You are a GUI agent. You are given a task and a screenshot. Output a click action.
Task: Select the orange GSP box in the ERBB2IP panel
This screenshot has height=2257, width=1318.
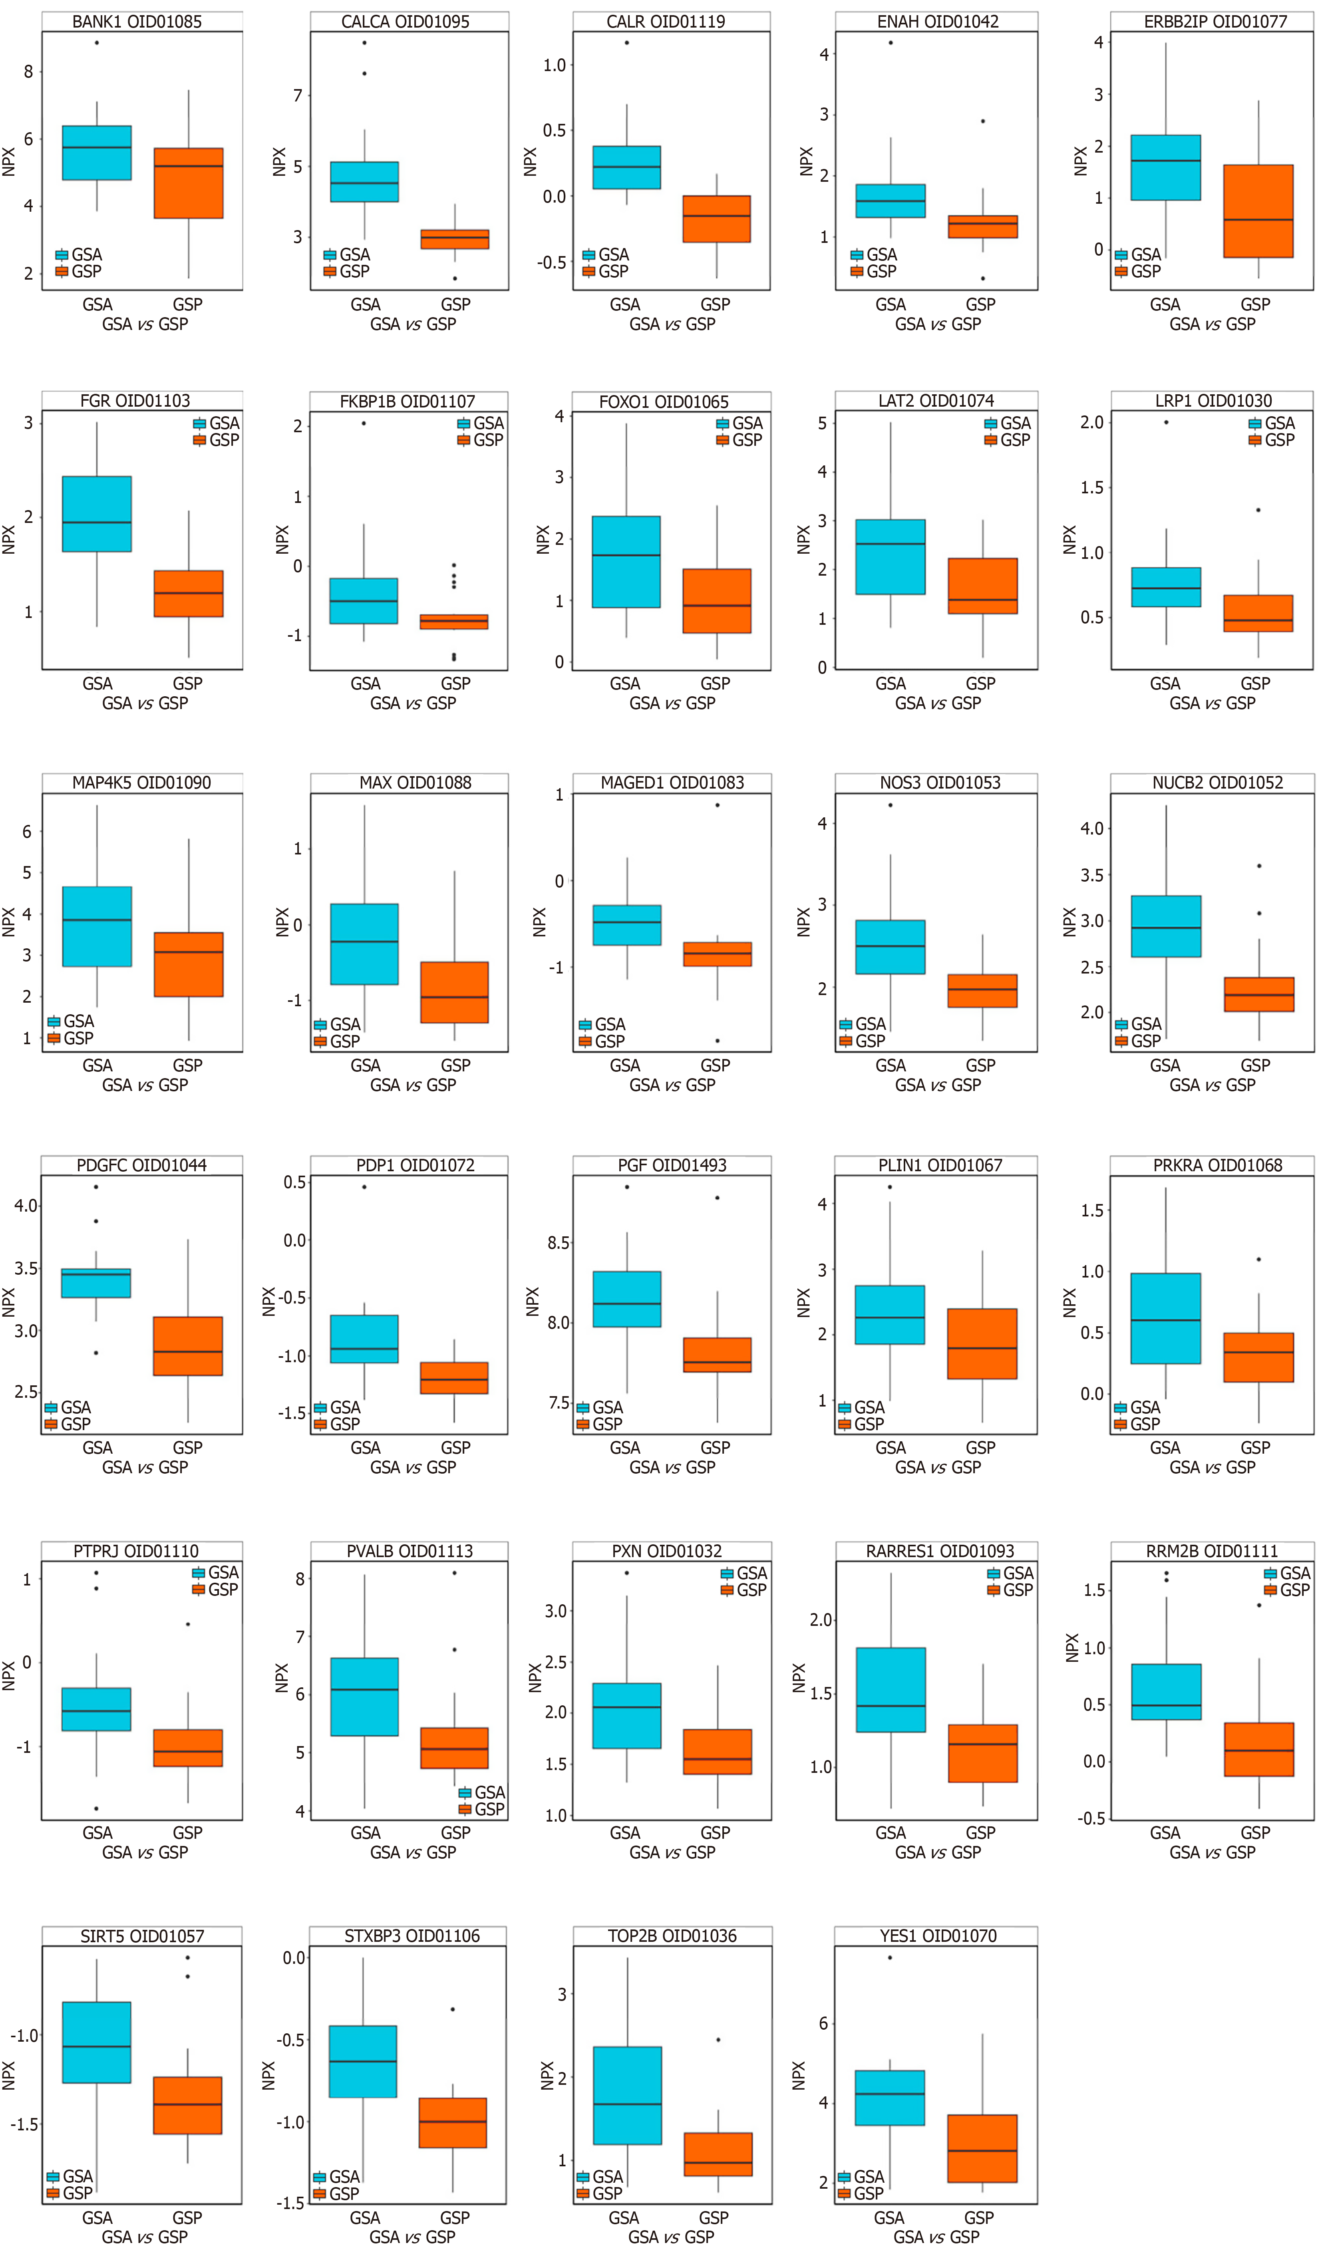coord(1258,211)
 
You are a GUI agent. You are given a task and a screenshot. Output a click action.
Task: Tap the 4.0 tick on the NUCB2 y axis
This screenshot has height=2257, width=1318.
coord(1091,828)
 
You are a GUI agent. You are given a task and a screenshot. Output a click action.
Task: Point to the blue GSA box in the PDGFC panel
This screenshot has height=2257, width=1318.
coord(96,1283)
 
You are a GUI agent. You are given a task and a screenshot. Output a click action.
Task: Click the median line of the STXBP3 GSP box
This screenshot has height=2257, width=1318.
coord(453,2122)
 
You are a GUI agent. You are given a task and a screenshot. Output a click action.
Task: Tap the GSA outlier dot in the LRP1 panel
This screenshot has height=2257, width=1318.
coord(1166,423)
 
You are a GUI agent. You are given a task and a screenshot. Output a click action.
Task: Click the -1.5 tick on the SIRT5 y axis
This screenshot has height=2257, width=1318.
coord(23,2124)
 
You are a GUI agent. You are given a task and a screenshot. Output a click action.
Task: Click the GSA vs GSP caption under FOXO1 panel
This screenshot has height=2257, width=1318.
coord(672,703)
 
